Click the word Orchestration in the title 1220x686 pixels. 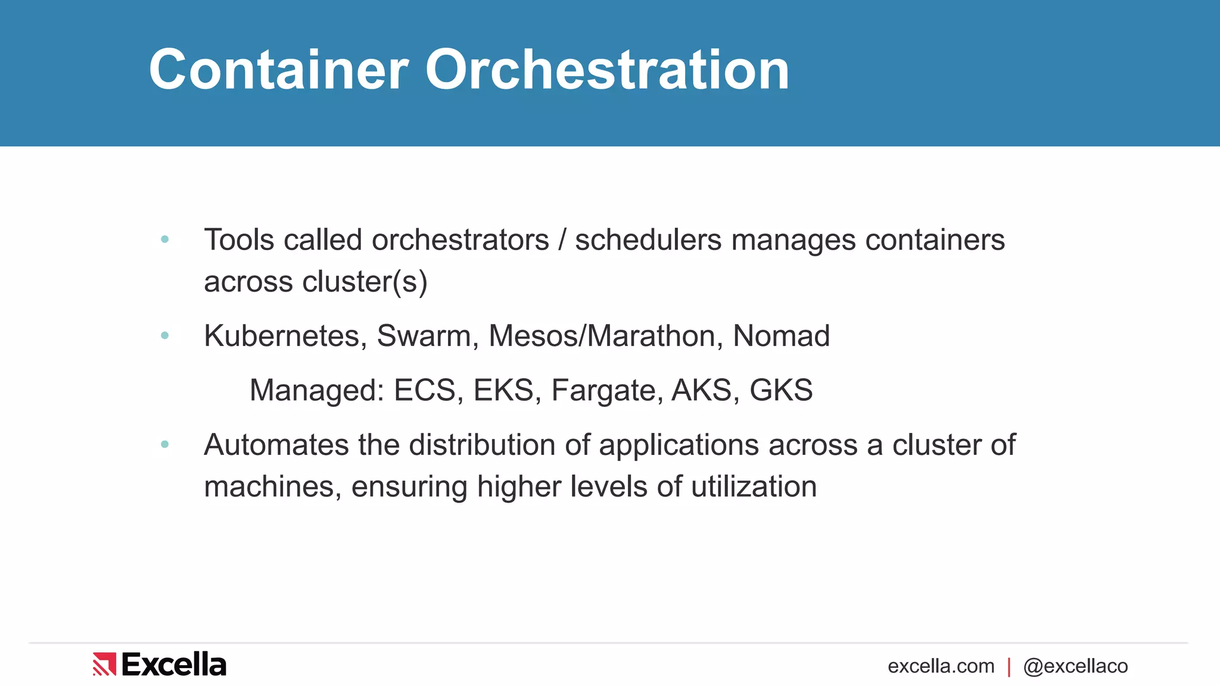(x=607, y=70)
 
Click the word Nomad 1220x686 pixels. (x=781, y=336)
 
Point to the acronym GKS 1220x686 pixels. (x=781, y=391)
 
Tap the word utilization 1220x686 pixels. (x=754, y=487)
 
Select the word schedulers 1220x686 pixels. (x=648, y=240)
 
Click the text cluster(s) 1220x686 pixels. (x=365, y=282)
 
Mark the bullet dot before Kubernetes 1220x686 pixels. (x=165, y=336)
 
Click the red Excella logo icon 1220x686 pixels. (x=104, y=664)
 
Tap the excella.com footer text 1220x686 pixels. (x=941, y=666)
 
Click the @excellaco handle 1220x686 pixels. (x=1075, y=666)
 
